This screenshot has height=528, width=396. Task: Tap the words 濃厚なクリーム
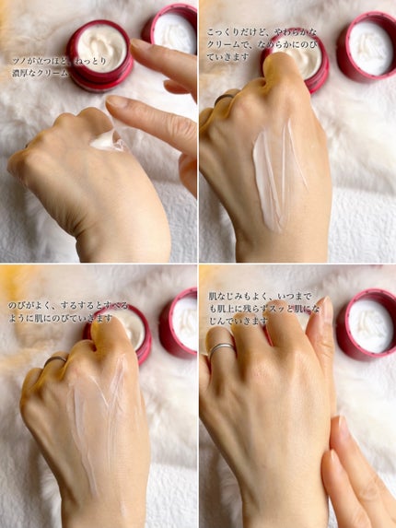pyautogui.click(x=40, y=73)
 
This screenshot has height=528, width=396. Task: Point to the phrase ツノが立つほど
pyautogui.click(x=40, y=62)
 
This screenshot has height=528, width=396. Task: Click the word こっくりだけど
pyautogui.click(x=237, y=32)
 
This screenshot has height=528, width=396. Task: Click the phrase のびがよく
pyautogui.click(x=29, y=305)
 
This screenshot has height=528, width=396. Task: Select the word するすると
pyautogui.click(x=82, y=305)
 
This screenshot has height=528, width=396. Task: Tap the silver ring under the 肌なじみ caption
pyautogui.click(x=220, y=347)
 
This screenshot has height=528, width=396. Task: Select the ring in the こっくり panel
pyautogui.click(x=225, y=98)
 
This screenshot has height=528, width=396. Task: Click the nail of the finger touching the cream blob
pyautogui.click(x=115, y=101)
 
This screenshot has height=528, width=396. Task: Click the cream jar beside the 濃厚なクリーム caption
pyautogui.click(x=99, y=54)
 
